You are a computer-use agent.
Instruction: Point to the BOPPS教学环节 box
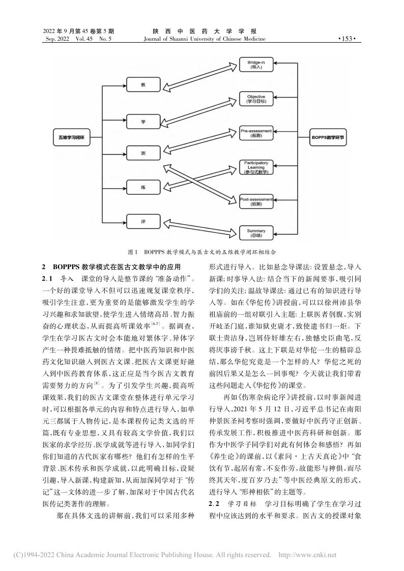[329, 136]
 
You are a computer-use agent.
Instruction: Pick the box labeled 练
[144, 188]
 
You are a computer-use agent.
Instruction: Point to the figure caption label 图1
[134, 251]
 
